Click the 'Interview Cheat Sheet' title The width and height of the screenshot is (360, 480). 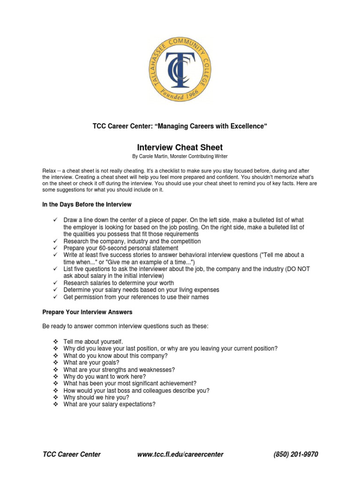180,148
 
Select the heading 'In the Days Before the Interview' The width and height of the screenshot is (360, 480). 87,204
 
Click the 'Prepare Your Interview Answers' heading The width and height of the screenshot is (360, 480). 87,312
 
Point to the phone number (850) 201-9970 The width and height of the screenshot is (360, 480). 295,454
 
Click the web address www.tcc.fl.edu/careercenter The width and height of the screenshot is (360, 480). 180,454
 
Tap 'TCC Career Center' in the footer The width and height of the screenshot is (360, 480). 71,454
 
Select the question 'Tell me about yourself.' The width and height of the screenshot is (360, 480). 93,342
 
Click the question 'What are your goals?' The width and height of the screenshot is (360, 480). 88,362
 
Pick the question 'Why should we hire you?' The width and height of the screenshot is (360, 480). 96,397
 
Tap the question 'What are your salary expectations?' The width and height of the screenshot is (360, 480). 109,404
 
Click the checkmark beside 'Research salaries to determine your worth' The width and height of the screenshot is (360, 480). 55,283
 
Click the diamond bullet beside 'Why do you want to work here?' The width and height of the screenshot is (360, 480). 55,376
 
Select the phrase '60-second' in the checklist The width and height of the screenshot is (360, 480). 113,248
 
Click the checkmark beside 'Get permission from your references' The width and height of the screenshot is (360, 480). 55,297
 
